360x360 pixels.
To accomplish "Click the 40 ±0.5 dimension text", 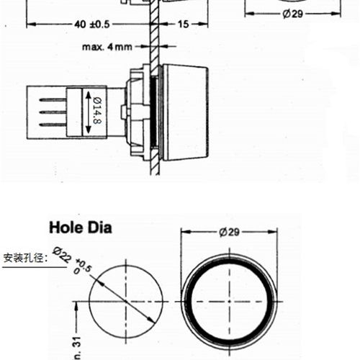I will (91, 24).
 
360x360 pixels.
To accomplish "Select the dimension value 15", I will (182, 24).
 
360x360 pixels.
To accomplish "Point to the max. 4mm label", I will (107, 48).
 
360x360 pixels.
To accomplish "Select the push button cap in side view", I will (184, 112).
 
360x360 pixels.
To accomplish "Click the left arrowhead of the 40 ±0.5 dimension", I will (30, 24).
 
